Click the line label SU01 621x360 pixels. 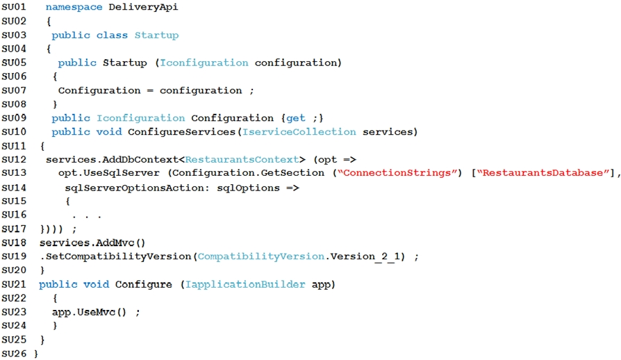(14, 7)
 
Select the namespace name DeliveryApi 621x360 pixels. (143, 7)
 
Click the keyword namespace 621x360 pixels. (74, 7)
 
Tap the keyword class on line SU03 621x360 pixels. (112, 35)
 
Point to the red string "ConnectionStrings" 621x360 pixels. (397, 173)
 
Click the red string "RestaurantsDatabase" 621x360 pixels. (543, 173)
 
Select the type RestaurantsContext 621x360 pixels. (242, 160)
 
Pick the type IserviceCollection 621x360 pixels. (299, 132)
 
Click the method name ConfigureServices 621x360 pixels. (182, 132)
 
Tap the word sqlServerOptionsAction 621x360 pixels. (137, 188)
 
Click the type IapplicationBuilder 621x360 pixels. (245, 284)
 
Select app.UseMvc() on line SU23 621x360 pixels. (89, 312)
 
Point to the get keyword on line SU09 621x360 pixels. (296, 118)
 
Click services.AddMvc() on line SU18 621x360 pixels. (92, 243)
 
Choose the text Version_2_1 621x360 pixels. (368, 256)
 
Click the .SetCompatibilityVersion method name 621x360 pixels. (115, 256)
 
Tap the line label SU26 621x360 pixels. (14, 353)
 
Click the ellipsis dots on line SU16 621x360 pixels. (87, 217)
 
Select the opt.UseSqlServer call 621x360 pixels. (109, 173)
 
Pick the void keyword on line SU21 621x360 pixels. (97, 284)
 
